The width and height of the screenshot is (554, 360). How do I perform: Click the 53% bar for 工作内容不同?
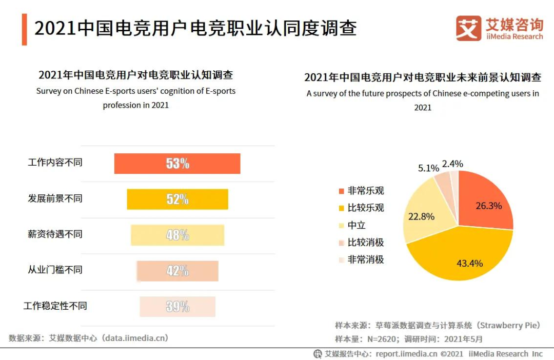(x=177, y=164)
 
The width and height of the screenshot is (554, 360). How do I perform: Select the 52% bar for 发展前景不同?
(x=177, y=199)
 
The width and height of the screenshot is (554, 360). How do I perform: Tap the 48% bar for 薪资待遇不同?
(x=177, y=235)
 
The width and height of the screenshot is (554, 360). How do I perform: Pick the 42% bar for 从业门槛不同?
(x=177, y=271)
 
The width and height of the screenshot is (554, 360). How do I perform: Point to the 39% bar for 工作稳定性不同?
(x=177, y=307)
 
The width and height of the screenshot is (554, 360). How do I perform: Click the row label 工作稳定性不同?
(x=55, y=306)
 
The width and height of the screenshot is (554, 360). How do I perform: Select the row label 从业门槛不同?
(x=55, y=270)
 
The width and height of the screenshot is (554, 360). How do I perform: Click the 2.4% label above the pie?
(x=452, y=164)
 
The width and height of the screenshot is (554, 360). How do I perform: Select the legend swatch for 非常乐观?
(x=340, y=191)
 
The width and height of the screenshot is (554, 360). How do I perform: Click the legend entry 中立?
(x=357, y=225)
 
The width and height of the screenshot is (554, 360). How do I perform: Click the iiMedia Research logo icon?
(x=468, y=28)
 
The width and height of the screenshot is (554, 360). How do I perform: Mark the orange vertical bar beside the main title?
(x=24, y=29)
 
